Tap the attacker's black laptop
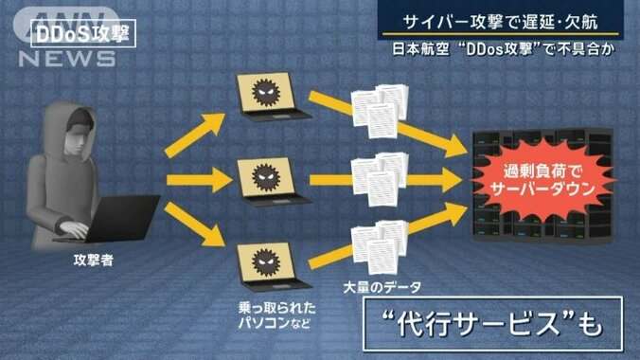tap(119, 218)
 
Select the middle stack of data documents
tap(379, 176)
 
